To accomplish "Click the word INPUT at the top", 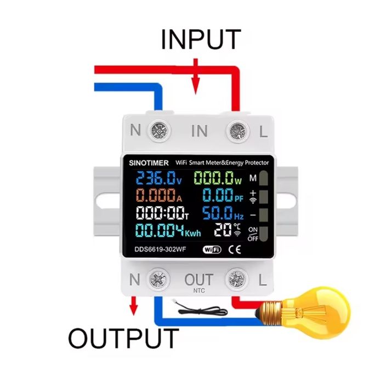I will point(201,39).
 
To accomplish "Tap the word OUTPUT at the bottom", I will point(124,338).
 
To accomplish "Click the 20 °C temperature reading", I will point(223,229).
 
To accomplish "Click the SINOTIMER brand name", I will point(146,163).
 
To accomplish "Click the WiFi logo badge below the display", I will point(212,250).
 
